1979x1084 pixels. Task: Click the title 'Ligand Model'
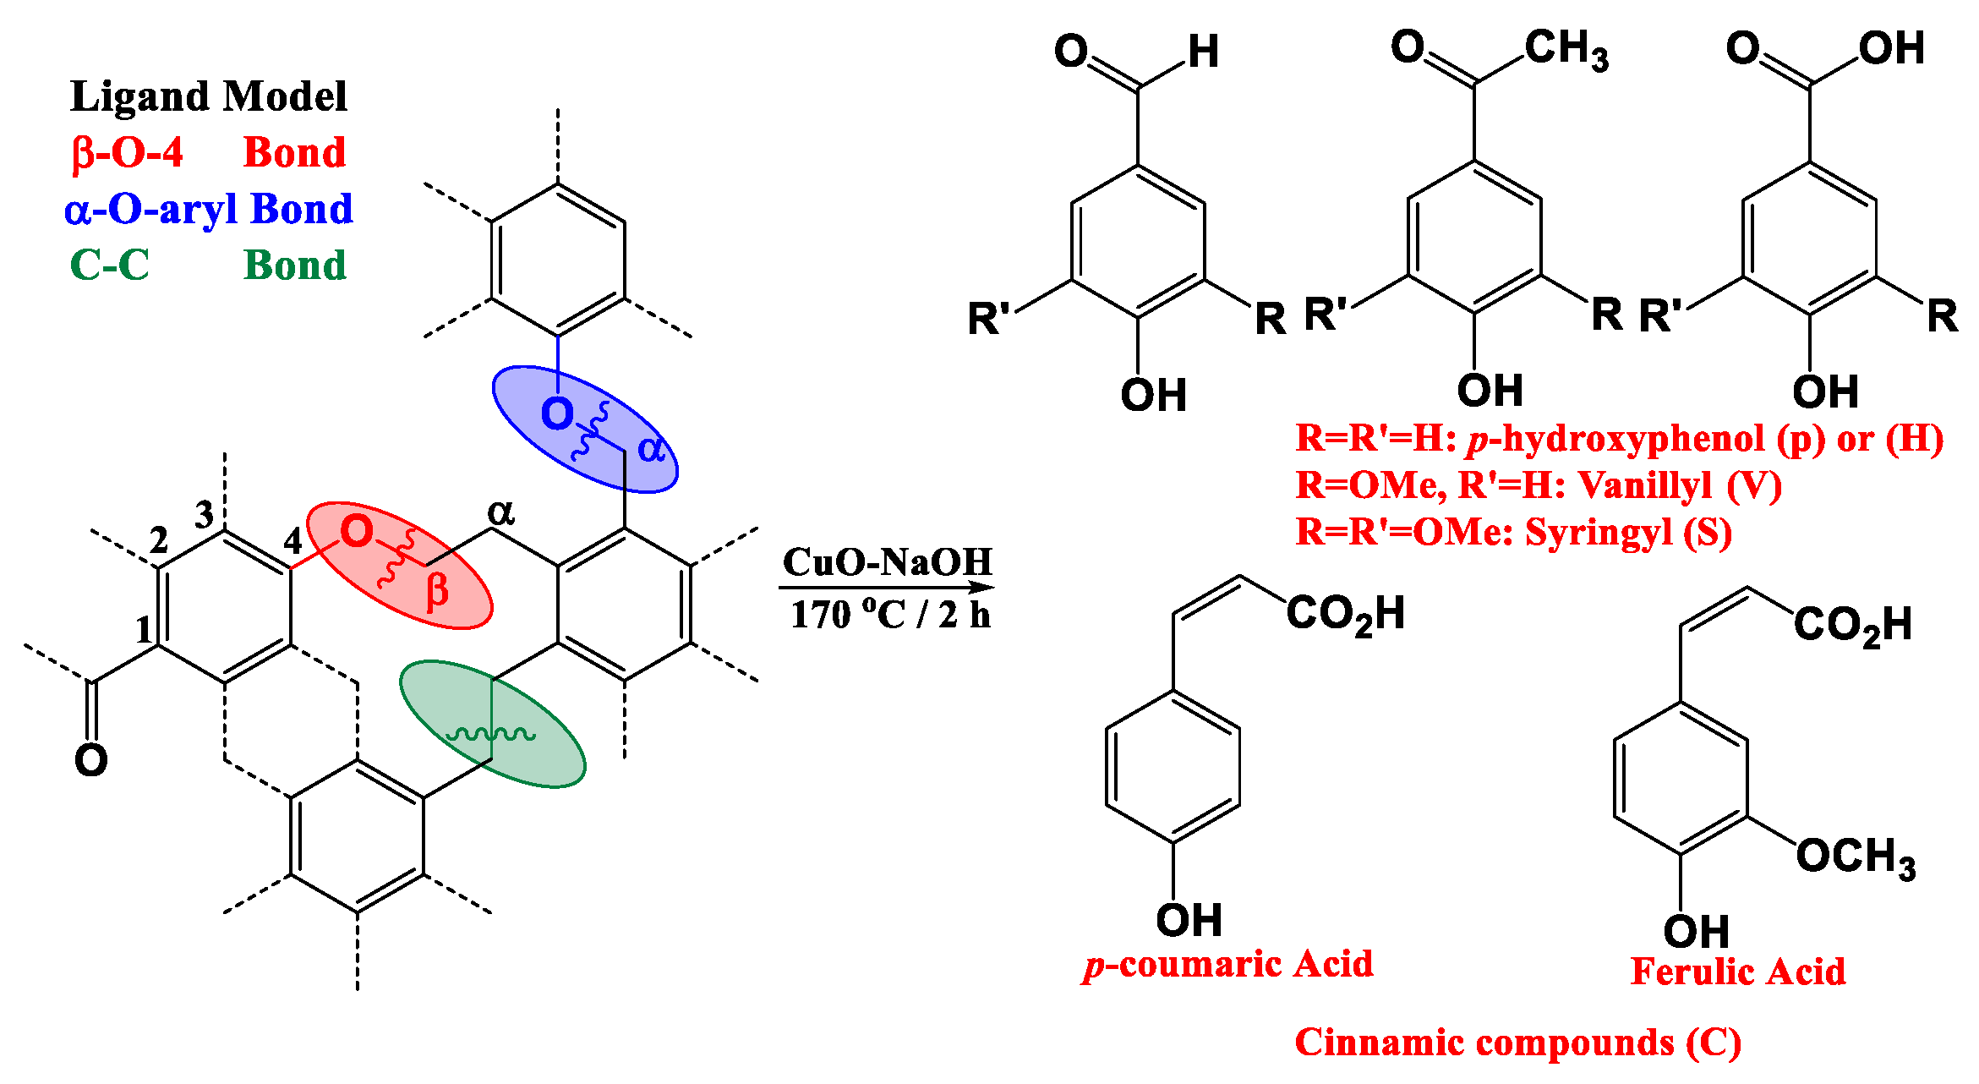[x=208, y=96]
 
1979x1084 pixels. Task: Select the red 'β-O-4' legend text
[x=128, y=153]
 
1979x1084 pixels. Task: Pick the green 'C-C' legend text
[x=109, y=265]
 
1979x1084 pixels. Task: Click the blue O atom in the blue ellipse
[x=557, y=414]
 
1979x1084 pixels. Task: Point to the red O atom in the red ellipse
[x=356, y=532]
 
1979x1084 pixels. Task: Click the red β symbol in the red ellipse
[x=437, y=590]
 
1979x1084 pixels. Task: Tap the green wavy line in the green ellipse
[x=490, y=733]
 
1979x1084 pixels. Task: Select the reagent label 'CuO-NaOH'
[x=887, y=561]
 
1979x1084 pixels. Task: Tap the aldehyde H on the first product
[x=1203, y=52]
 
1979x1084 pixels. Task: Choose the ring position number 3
[x=205, y=514]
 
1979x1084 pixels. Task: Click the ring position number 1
[x=145, y=630]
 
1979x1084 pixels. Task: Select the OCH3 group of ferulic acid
[x=1856, y=857]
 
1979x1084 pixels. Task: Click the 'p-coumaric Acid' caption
[x=1228, y=965]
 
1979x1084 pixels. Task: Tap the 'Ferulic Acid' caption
[x=1737, y=972]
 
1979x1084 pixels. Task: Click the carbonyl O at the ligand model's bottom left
[x=90, y=760]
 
